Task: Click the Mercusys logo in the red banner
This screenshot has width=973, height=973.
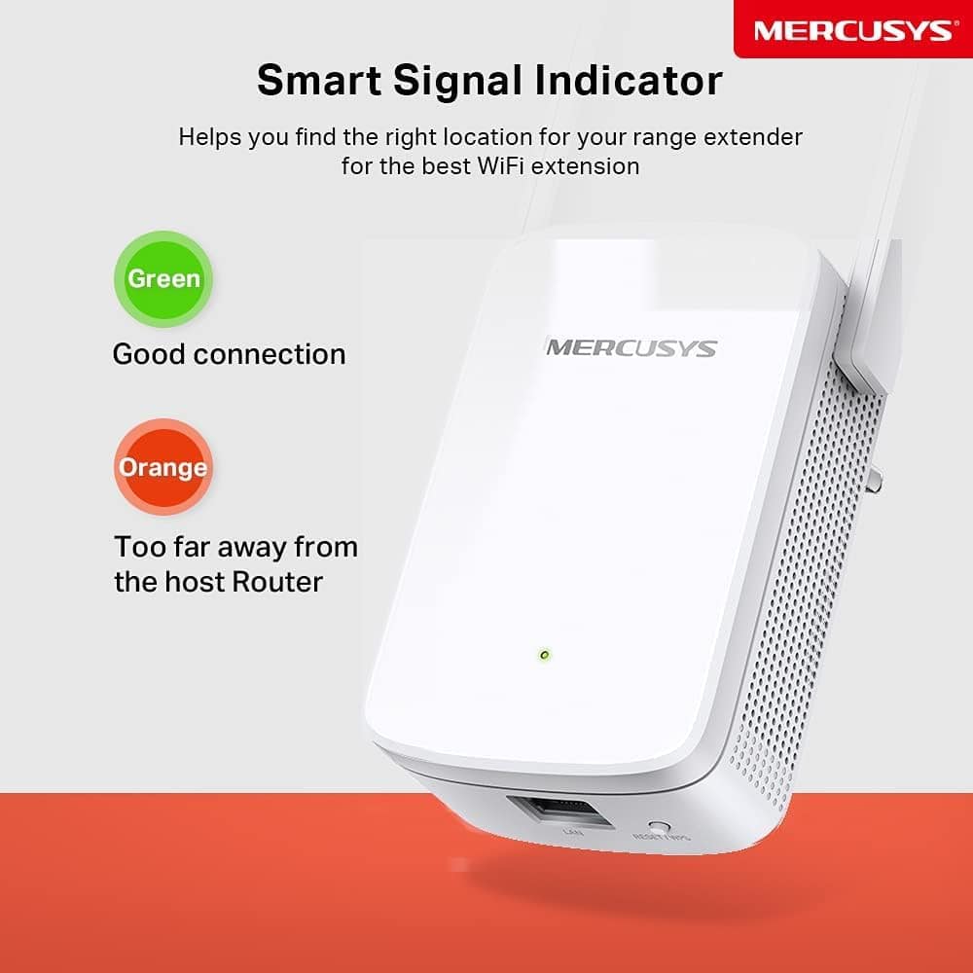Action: pos(851,29)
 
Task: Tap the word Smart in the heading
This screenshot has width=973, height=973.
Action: pos(320,81)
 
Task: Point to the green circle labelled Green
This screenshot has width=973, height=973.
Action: pos(163,279)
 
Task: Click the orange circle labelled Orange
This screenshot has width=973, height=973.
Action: pos(162,468)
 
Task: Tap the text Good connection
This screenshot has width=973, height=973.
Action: pos(229,354)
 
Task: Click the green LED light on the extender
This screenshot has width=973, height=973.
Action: pos(544,655)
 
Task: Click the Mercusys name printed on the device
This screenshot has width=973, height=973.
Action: pos(631,347)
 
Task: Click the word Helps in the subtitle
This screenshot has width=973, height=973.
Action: pos(210,136)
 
